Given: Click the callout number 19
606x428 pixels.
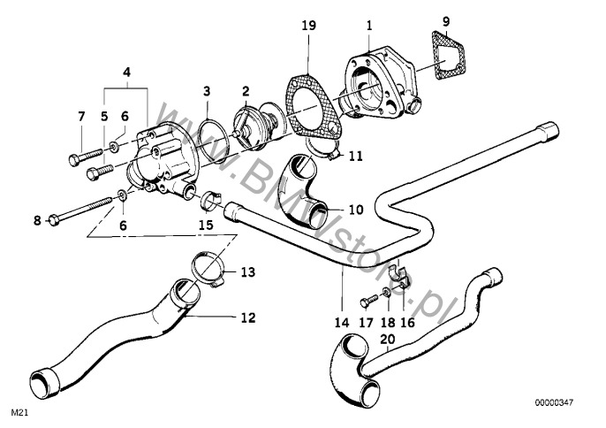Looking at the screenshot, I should tap(307, 27).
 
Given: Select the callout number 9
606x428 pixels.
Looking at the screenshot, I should tap(445, 20).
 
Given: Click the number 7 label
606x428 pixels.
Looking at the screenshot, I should tap(82, 116).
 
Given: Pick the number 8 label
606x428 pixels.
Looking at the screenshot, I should tap(38, 219).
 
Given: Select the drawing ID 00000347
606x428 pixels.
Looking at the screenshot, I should tap(553, 403).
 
